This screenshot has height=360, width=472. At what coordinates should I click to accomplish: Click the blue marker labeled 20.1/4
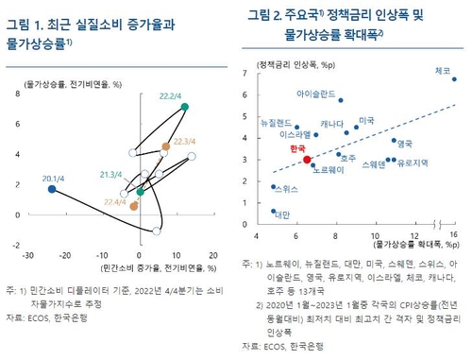(52, 190)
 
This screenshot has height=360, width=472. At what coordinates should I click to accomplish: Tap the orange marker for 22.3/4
(165, 146)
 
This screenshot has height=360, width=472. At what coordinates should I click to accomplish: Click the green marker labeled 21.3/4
(140, 192)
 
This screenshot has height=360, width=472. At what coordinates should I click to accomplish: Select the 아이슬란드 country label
(313, 94)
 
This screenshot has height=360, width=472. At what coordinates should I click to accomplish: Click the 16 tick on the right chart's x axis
(454, 235)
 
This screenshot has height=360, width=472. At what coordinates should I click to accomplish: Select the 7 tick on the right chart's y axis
(245, 73)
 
